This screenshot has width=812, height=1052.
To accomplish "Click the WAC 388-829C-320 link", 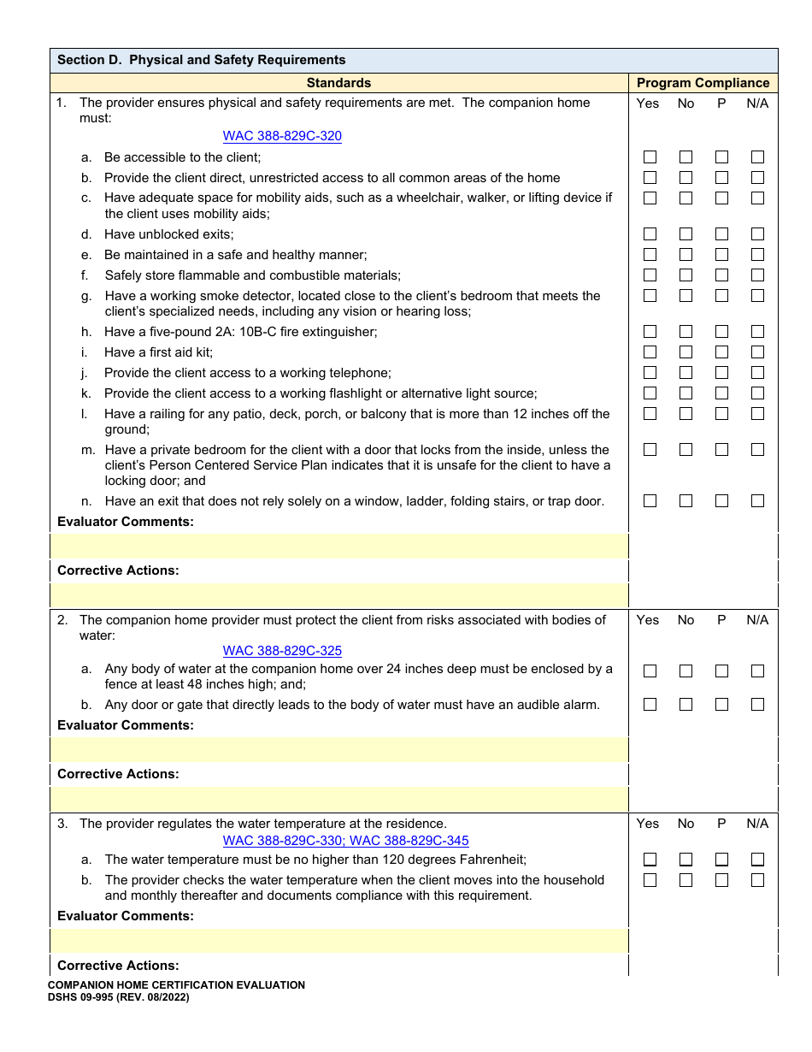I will coord(282,136).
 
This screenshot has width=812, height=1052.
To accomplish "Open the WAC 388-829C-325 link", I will coord(282,651).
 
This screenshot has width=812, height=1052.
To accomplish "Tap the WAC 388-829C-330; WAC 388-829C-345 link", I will coord(345,841).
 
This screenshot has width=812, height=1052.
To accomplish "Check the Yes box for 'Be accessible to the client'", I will coord(650,157).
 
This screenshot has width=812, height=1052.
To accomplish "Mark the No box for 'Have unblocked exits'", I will coord(685,234).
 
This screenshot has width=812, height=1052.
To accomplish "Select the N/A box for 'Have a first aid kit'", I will coord(757,352).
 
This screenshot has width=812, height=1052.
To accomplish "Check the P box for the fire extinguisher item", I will coord(721,332).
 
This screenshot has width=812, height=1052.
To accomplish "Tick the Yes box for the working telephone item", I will coord(650,373).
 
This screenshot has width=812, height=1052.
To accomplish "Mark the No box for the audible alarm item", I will coord(685,705).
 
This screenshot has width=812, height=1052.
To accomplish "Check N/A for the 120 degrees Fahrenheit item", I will coord(757,860).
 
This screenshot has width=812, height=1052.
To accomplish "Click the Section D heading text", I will coord(201,60).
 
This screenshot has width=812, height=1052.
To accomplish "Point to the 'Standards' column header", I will coord(338,83).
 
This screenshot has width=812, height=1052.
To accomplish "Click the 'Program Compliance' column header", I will coord(703,83).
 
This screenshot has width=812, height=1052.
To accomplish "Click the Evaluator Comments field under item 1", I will coord(339,547).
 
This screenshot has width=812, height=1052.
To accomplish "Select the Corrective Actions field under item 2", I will coord(339,799).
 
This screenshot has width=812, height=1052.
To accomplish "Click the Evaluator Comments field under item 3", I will coord(339,941).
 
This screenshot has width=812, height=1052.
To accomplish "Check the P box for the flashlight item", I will coord(721,393).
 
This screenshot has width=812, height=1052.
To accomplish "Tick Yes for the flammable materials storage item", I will coord(650,275).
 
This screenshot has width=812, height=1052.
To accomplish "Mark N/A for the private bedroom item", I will coord(757,450).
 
